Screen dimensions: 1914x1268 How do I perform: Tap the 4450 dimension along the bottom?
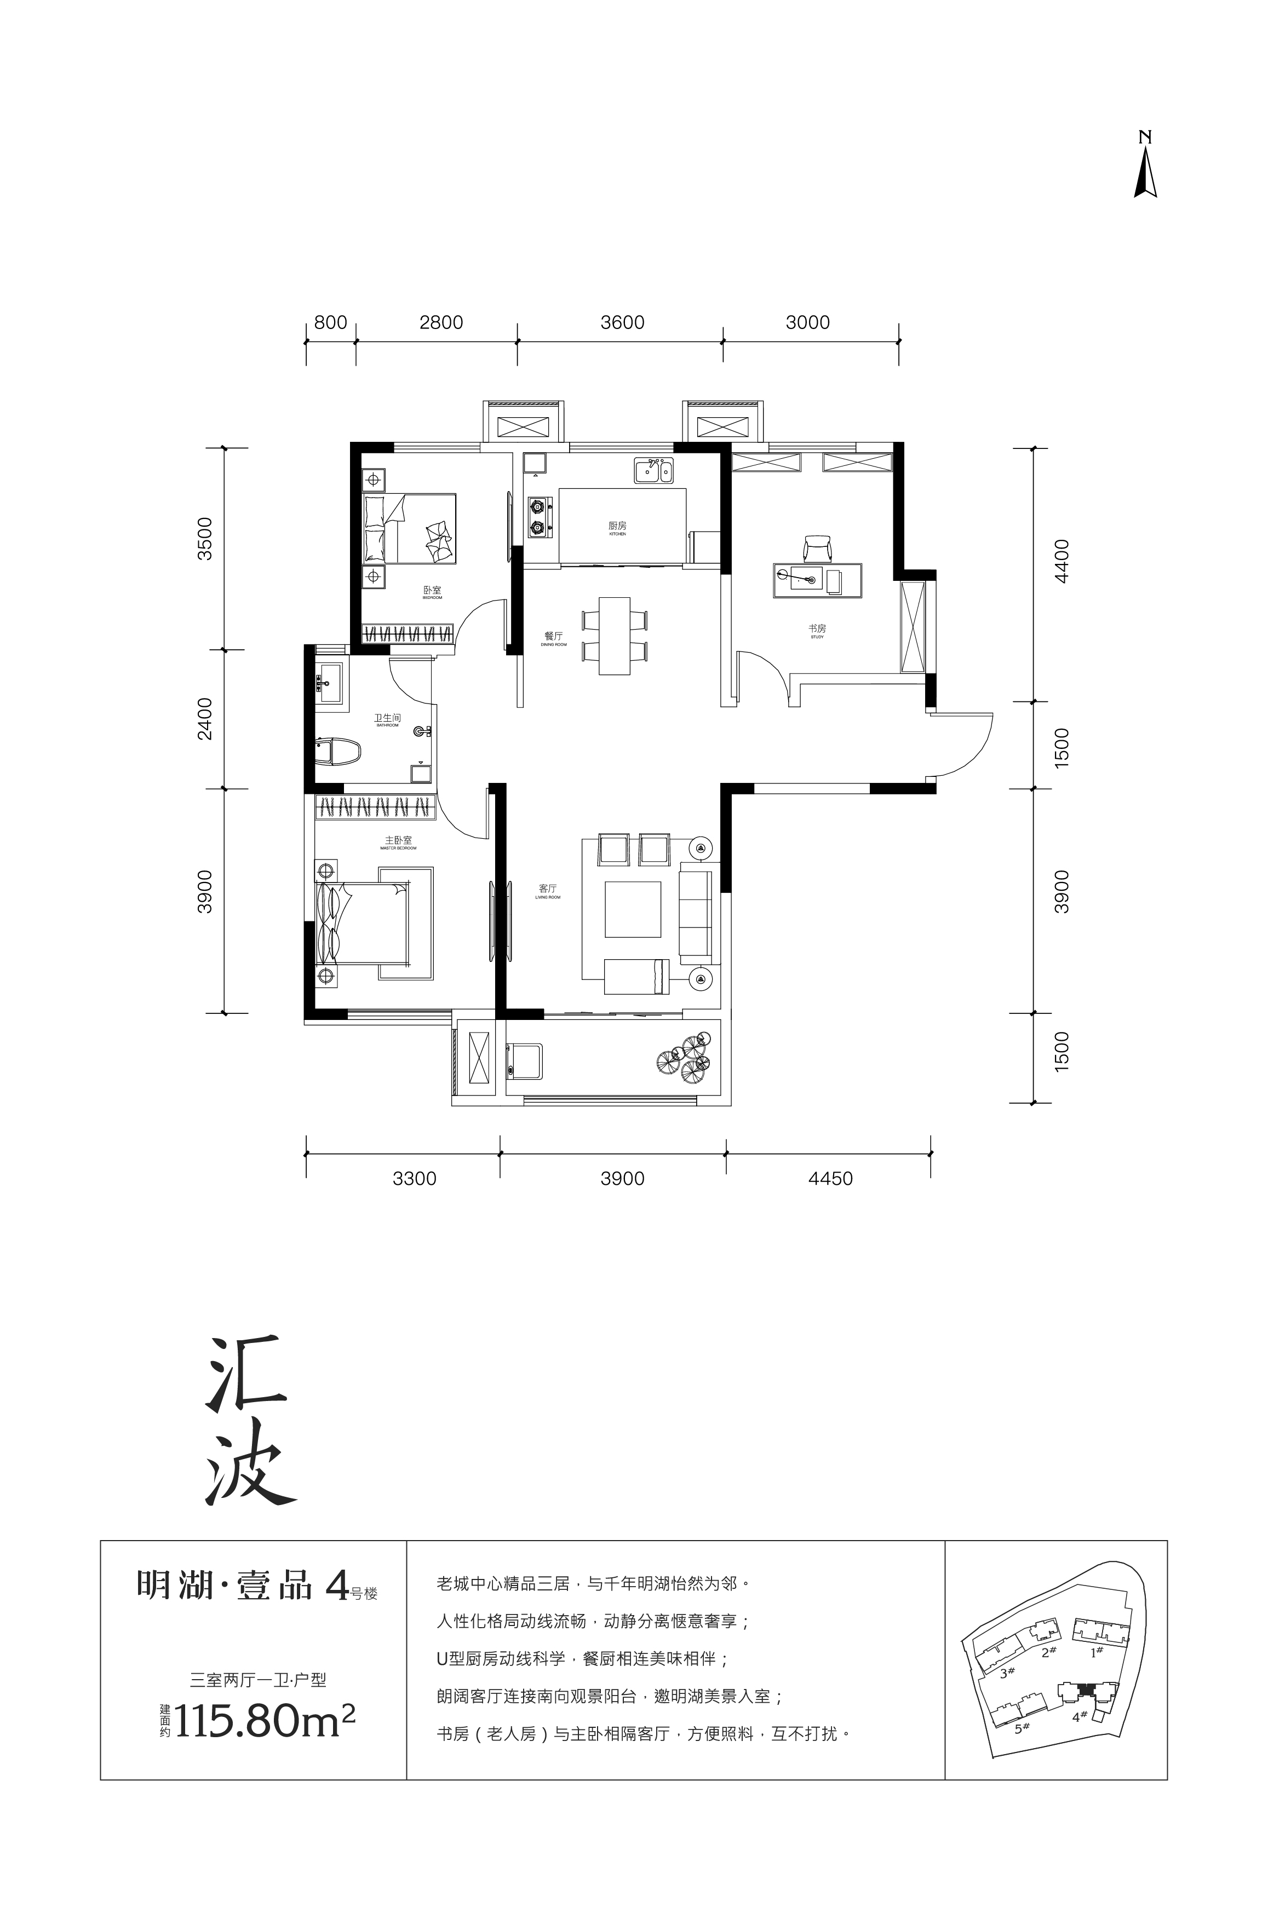click(x=830, y=1179)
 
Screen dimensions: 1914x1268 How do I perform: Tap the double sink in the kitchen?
click(x=653, y=470)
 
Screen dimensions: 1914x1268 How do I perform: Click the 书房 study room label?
click(x=817, y=628)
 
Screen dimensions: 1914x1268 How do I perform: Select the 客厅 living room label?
click(x=548, y=889)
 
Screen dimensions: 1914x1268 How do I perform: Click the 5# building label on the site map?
click(x=1022, y=1728)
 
